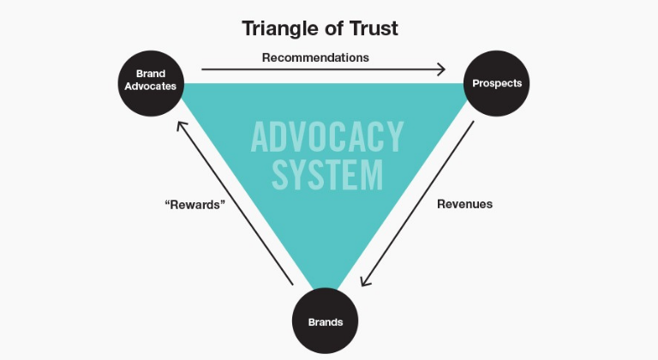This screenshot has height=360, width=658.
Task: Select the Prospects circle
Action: coord(497,83)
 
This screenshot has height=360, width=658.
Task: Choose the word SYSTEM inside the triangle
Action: coord(327,175)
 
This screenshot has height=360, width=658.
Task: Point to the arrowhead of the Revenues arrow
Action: coord(365,282)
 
